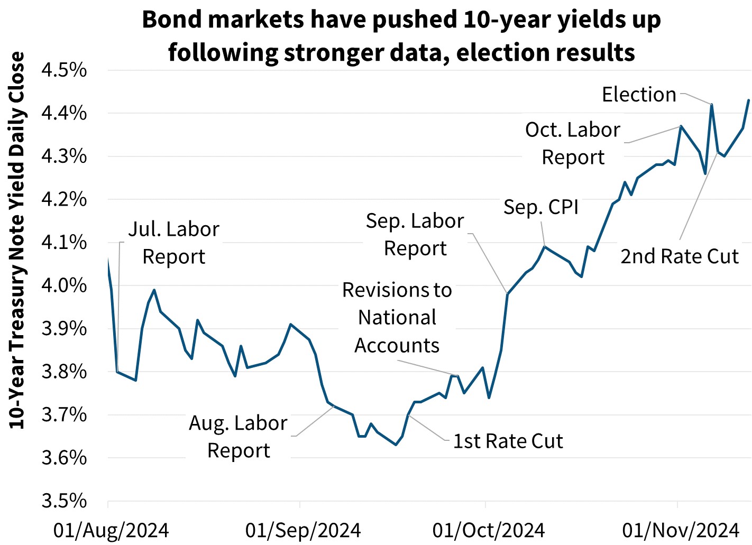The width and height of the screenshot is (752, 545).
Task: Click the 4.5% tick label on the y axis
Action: click(x=64, y=70)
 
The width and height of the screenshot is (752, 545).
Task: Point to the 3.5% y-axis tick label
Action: click(x=64, y=501)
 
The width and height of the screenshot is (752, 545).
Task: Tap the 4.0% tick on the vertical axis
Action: click(x=64, y=285)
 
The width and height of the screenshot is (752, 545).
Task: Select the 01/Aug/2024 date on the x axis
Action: click(x=111, y=530)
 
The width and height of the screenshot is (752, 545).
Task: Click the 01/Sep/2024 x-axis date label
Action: click(x=303, y=530)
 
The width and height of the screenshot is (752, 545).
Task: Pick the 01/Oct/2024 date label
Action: click(x=488, y=530)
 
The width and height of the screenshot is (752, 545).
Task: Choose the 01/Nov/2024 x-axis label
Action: click(x=680, y=530)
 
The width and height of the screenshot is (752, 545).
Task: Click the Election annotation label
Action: click(x=639, y=95)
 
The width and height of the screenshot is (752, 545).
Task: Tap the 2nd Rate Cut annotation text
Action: click(x=679, y=256)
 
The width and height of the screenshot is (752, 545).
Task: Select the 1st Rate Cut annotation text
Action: click(x=508, y=441)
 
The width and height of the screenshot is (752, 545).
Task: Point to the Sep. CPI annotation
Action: click(x=540, y=207)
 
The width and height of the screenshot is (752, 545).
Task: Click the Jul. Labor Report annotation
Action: click(x=174, y=243)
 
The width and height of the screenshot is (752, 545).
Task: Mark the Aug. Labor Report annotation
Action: click(x=238, y=437)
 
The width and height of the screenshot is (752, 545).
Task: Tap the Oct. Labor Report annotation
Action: click(x=573, y=143)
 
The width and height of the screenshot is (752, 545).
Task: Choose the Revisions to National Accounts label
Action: click(x=397, y=317)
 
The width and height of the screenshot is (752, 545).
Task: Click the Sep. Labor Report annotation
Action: click(x=415, y=234)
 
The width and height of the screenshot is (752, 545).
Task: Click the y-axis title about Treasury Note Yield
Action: click(x=17, y=241)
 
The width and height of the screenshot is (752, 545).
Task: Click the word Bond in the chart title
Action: click(x=171, y=20)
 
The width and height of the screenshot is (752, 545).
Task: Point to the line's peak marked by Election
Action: click(x=712, y=105)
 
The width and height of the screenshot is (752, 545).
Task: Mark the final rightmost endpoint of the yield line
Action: click(x=748, y=100)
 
